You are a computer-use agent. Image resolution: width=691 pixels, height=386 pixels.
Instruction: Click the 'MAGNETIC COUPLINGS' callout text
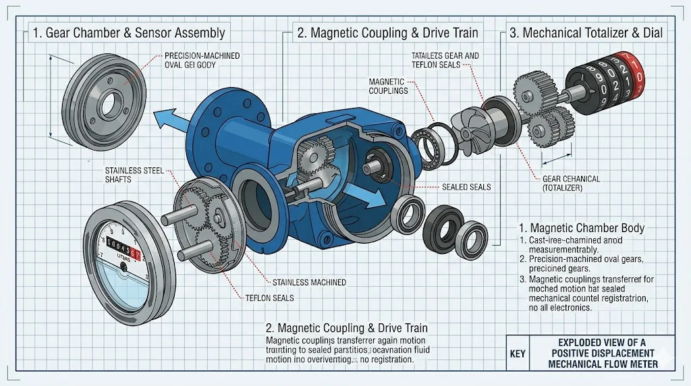[x=388, y=86]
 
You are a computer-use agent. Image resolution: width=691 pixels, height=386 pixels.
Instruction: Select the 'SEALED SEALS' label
[x=466, y=186]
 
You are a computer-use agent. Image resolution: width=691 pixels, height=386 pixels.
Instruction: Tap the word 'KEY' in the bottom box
[x=517, y=354]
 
